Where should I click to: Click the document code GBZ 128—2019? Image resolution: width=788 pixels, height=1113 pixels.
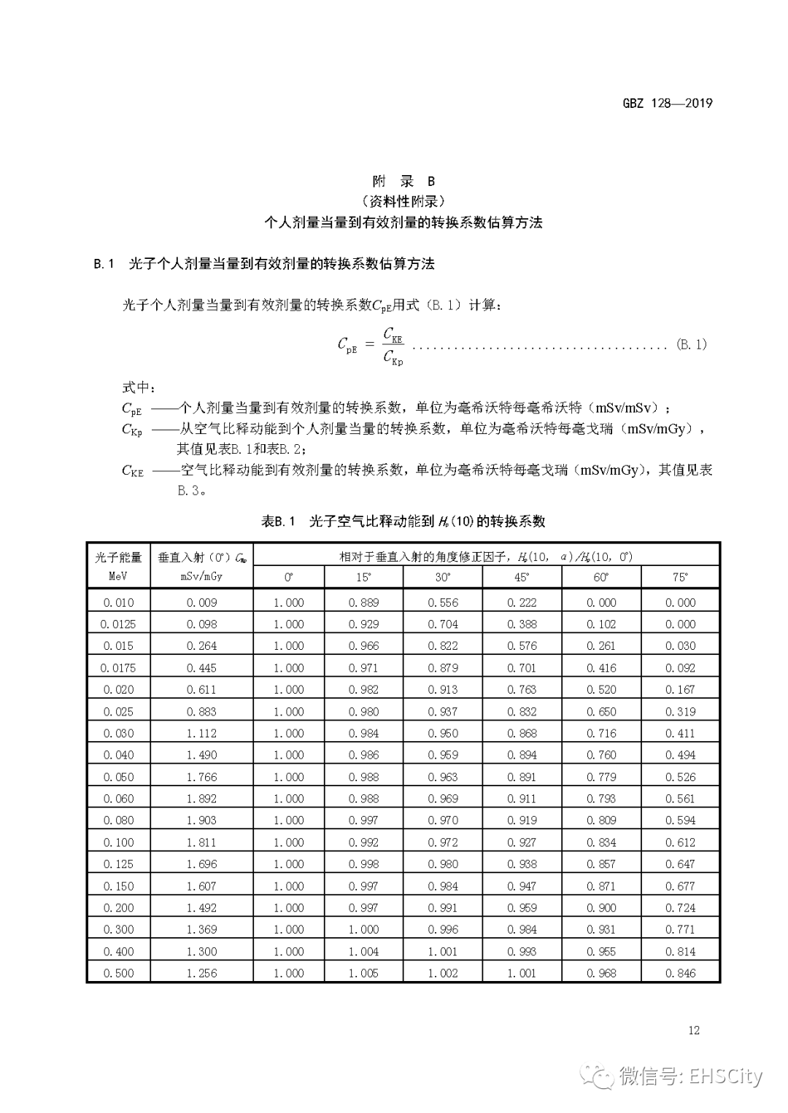click(667, 103)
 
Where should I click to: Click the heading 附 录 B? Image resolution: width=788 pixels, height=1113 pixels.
click(403, 181)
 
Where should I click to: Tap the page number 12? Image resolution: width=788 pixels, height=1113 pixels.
click(693, 1030)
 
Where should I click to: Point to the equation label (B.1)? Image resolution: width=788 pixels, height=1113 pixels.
click(691, 344)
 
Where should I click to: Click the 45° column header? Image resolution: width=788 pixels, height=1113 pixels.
click(522, 577)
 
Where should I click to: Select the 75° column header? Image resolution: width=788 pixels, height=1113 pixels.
click(680, 577)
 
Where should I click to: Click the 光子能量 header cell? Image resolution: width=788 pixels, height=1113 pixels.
click(118, 557)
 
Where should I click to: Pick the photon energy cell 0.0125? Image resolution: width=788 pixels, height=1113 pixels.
click(118, 624)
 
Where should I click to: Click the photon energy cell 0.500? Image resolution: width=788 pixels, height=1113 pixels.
click(118, 973)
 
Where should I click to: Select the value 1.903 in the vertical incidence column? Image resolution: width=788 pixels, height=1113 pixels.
click(201, 821)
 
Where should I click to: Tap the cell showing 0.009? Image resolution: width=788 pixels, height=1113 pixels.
click(201, 602)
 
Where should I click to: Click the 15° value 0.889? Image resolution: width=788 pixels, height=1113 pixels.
click(363, 602)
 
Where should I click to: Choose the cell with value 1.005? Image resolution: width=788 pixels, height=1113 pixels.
click(363, 973)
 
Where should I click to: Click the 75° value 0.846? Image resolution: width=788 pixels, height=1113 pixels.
click(680, 973)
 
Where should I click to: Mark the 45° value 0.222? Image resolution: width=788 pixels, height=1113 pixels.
click(522, 602)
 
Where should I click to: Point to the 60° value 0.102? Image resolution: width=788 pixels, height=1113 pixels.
click(601, 624)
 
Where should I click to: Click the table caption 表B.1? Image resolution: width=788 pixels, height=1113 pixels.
click(277, 521)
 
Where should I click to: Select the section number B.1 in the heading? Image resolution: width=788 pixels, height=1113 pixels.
click(104, 264)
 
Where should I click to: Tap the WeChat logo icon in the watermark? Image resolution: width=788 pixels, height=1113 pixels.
click(601, 1076)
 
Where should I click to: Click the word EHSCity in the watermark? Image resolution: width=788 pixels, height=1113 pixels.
click(725, 1076)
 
